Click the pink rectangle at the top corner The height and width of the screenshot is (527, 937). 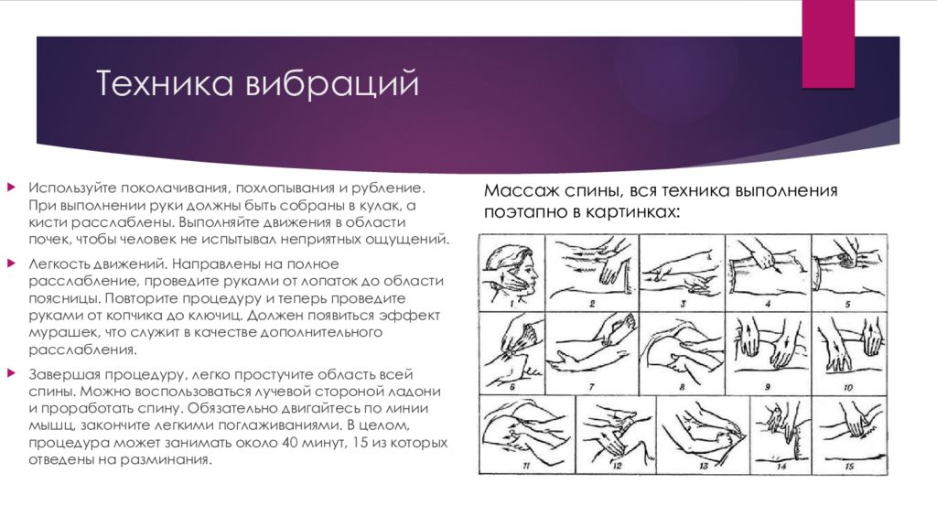click(x=828, y=43)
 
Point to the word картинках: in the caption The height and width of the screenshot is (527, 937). click(x=634, y=210)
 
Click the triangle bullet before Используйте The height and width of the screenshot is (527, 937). click(x=11, y=188)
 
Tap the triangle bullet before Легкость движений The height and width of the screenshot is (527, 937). click(x=11, y=263)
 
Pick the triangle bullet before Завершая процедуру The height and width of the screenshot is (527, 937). click(x=11, y=374)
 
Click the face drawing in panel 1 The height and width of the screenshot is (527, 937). click(x=509, y=269)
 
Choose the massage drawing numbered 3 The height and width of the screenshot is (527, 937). click(x=681, y=271)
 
